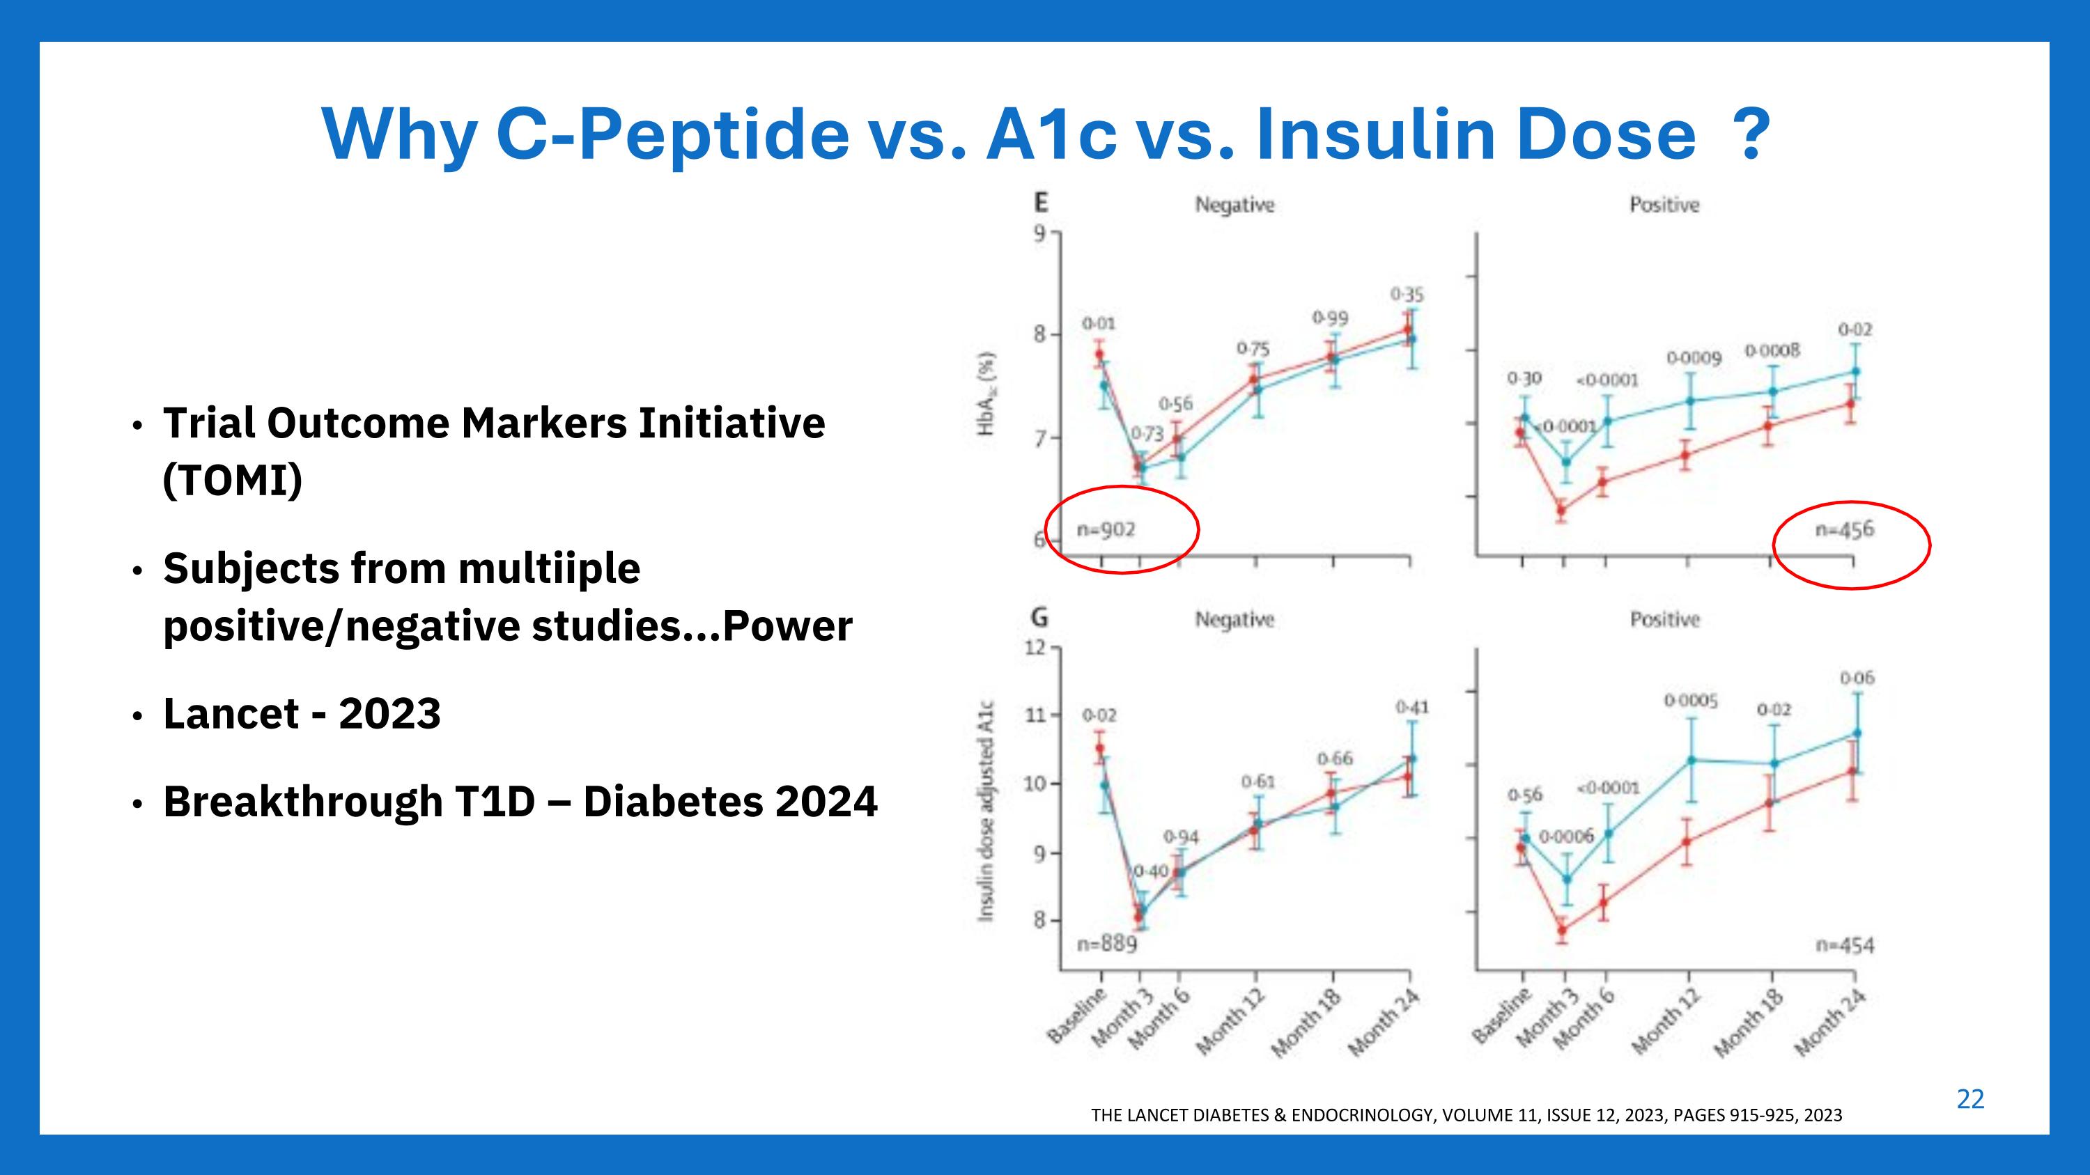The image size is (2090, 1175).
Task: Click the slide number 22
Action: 1970,1100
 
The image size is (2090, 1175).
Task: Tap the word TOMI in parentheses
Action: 232,481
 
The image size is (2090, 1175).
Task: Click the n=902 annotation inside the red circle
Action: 1106,530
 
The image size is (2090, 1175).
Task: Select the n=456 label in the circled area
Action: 1844,530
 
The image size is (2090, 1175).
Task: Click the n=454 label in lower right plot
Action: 1844,946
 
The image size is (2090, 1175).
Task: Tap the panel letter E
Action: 1039,202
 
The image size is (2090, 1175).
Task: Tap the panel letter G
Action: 1039,618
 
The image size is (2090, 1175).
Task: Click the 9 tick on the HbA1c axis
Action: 1039,233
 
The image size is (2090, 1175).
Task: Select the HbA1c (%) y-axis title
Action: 986,394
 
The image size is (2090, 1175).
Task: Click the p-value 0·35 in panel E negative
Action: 1407,295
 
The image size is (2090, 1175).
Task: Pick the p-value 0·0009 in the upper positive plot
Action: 1694,357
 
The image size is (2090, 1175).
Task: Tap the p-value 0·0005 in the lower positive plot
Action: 1691,701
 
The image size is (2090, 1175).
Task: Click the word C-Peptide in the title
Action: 672,134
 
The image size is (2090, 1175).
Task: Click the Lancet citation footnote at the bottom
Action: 1466,1115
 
